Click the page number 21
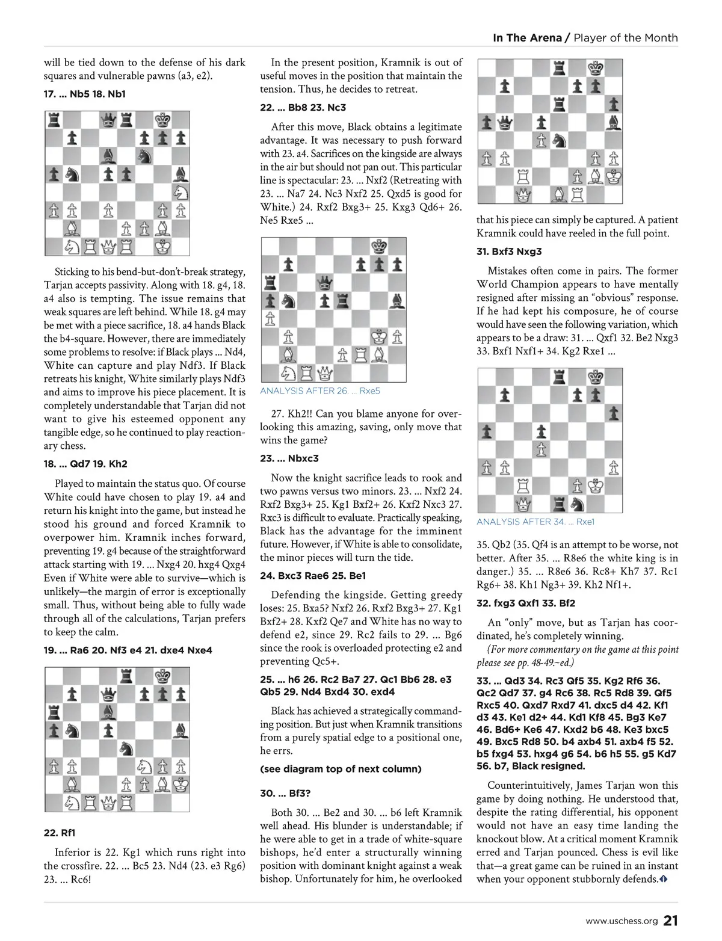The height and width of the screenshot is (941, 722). coord(671,921)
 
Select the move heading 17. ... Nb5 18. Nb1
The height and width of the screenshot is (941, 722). coord(85,94)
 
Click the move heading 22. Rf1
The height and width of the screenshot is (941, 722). coord(60,833)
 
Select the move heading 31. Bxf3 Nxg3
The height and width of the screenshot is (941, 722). coord(509,251)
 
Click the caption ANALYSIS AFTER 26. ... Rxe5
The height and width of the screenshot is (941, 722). coord(320,391)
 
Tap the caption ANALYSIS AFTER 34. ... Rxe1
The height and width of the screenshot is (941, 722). coord(535,522)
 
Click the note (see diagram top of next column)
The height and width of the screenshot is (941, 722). coord(341,769)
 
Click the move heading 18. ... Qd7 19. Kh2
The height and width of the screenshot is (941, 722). coord(85,464)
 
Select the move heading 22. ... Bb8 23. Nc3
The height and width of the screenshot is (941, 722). coord(303,108)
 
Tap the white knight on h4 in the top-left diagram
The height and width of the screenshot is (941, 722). coord(180,192)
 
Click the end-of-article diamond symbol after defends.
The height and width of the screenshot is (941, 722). coord(663,880)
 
